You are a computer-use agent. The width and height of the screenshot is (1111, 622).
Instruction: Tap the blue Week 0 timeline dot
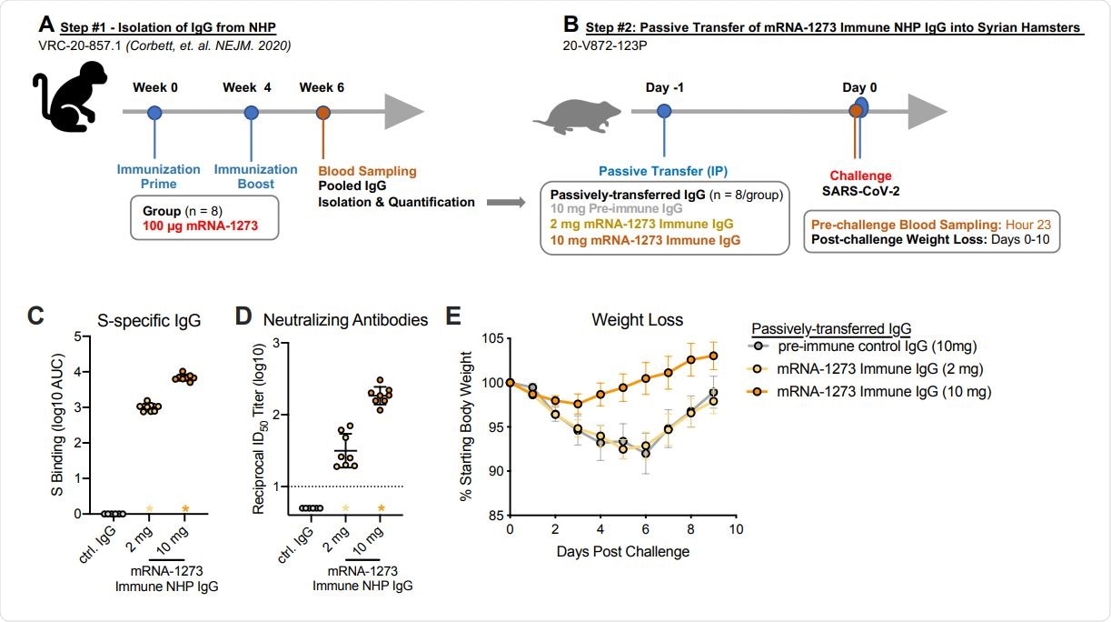(154, 113)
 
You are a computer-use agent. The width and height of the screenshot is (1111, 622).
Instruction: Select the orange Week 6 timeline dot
(323, 113)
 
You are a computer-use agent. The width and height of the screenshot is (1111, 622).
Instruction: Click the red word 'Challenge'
(854, 176)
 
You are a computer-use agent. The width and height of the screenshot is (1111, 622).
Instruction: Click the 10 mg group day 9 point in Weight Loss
(714, 356)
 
